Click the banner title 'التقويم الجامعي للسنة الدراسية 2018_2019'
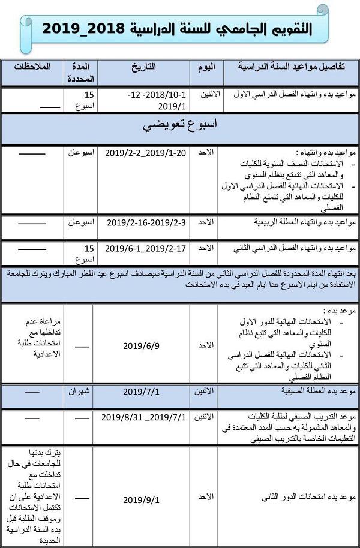pyautogui.click(x=181, y=28)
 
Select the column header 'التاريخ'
pyautogui.click(x=143, y=67)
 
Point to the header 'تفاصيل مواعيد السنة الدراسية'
pyautogui.click(x=288, y=67)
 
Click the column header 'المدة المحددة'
pyautogui.click(x=80, y=72)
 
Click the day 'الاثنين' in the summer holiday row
pyautogui.click(x=204, y=392)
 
